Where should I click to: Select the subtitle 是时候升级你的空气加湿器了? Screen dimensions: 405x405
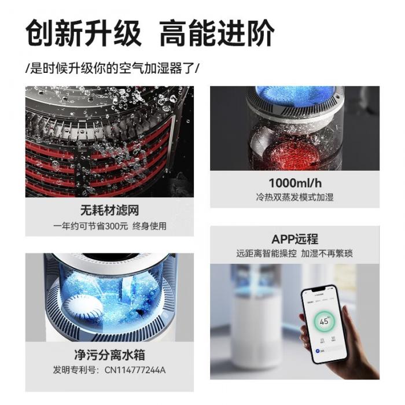[113, 67]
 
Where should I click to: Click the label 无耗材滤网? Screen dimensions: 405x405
[109, 209]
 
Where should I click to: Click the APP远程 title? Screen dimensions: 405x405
[294, 239]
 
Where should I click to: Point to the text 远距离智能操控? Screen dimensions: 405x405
[264, 253]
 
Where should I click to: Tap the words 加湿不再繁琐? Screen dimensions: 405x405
[327, 253]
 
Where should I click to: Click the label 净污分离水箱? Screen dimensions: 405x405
[109, 354]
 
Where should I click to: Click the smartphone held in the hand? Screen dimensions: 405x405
[323, 326]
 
